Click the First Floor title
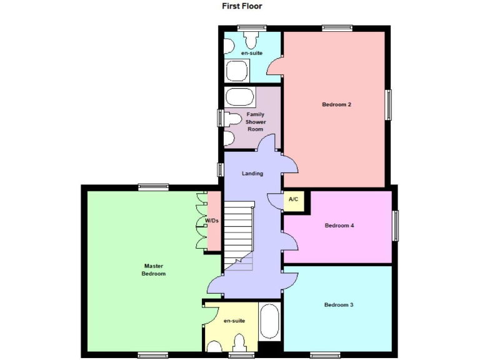pos(242,6)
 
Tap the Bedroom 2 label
pos(336,104)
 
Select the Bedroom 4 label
pos(339,226)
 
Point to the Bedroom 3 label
pos(339,305)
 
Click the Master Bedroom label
pos(153,270)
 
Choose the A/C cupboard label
pos(293,199)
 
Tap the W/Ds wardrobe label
pos(212,221)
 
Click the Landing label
pos(252,174)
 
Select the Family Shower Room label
pos(255,121)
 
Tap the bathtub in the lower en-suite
pos(270,322)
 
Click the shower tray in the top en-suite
pos(237,71)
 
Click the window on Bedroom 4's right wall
pos(396,226)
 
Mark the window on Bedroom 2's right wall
pos(389,104)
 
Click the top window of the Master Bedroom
pos(153,186)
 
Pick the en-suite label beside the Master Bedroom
pos(234,321)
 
